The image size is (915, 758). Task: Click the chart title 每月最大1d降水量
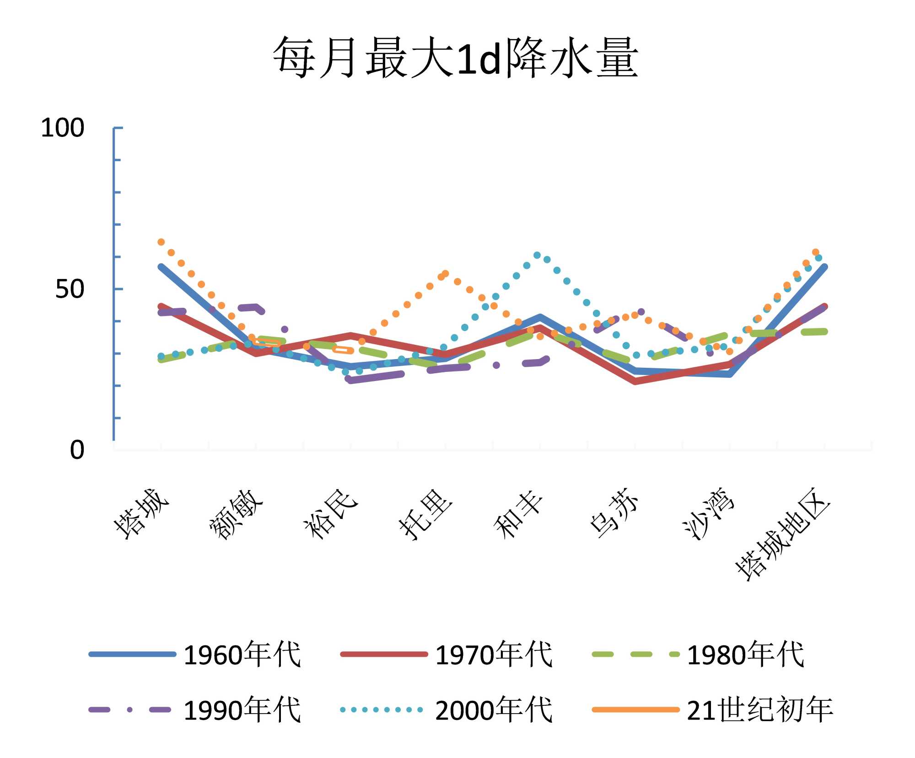tap(455, 58)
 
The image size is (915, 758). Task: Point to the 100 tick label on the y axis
tap(63, 128)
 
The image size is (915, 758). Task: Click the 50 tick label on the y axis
tap(70, 289)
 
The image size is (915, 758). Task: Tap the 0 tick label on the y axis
tap(77, 450)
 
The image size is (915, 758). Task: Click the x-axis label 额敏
tap(236, 514)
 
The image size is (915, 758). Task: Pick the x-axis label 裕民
tap(330, 514)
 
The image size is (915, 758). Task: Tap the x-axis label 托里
tap(425, 514)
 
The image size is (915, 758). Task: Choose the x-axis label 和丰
tap(519, 514)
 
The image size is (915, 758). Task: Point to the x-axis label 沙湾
tap(709, 514)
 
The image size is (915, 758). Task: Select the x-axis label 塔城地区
tap(783, 534)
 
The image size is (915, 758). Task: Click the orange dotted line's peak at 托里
tap(445, 274)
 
